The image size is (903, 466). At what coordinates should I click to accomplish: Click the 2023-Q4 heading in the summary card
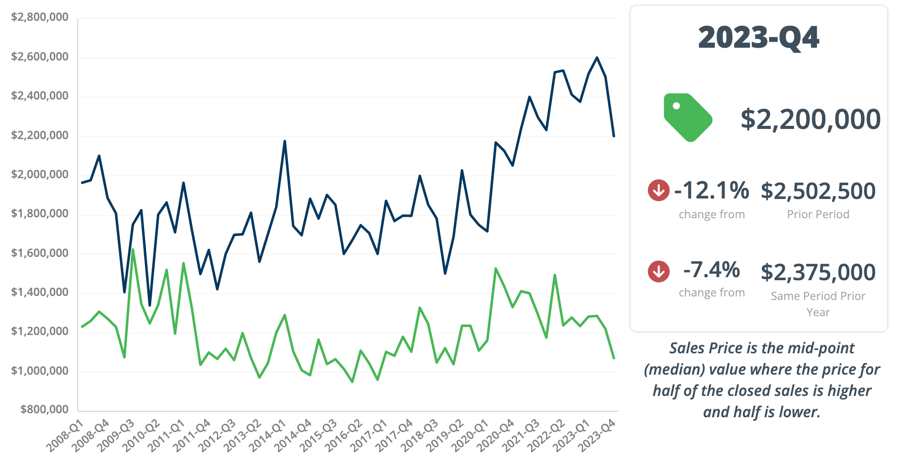758,38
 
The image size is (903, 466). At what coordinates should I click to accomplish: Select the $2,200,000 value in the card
810,119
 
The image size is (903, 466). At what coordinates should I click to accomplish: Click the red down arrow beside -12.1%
658,190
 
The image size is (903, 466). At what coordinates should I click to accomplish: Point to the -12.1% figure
712,190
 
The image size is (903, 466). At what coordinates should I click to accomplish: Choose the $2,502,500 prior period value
818,191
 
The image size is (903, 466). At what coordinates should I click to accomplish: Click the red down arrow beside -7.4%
658,271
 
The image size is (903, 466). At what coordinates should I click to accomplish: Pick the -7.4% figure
712,270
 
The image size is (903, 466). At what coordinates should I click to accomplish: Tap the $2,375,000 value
818,273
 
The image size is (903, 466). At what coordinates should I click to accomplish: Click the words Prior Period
818,214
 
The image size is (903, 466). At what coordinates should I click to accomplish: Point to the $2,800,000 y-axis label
40,17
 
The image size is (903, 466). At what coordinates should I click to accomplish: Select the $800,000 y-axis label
44,409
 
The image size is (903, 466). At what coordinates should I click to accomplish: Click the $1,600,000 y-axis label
40,253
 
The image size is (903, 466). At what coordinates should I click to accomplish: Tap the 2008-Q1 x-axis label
65,436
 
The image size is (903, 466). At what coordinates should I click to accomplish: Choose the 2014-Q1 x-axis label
268,436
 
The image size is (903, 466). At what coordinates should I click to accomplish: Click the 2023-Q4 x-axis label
597,436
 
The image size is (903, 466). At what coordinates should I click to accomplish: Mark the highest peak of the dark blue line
597,57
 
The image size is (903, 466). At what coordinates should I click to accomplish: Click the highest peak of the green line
133,249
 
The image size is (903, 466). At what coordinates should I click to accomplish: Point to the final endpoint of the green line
614,358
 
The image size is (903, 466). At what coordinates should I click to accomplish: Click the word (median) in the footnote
674,370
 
